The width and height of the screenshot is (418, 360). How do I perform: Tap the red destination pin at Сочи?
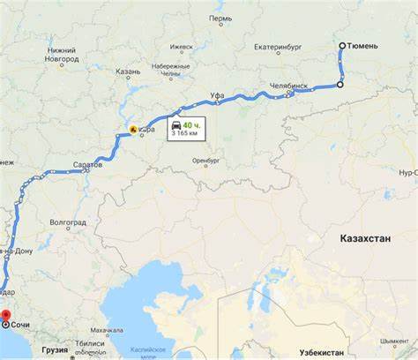(5, 315)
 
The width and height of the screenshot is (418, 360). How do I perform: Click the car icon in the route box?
(176, 126)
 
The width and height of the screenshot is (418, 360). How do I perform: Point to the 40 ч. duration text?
(191, 126)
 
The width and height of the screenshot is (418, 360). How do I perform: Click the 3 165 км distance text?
(186, 137)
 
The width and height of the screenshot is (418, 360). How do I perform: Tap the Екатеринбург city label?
(280, 47)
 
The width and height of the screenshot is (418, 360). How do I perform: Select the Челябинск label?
(288, 86)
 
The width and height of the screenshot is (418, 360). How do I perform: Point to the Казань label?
(128, 71)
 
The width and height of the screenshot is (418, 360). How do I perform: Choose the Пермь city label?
(220, 19)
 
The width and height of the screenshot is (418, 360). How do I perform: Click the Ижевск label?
(181, 46)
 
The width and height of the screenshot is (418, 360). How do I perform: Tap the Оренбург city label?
(206, 161)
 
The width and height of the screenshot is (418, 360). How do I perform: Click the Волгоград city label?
(68, 222)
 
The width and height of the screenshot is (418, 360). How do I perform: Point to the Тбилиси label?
(91, 343)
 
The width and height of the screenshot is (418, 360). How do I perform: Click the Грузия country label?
(55, 349)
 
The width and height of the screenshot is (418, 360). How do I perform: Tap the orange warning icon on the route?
(133, 129)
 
